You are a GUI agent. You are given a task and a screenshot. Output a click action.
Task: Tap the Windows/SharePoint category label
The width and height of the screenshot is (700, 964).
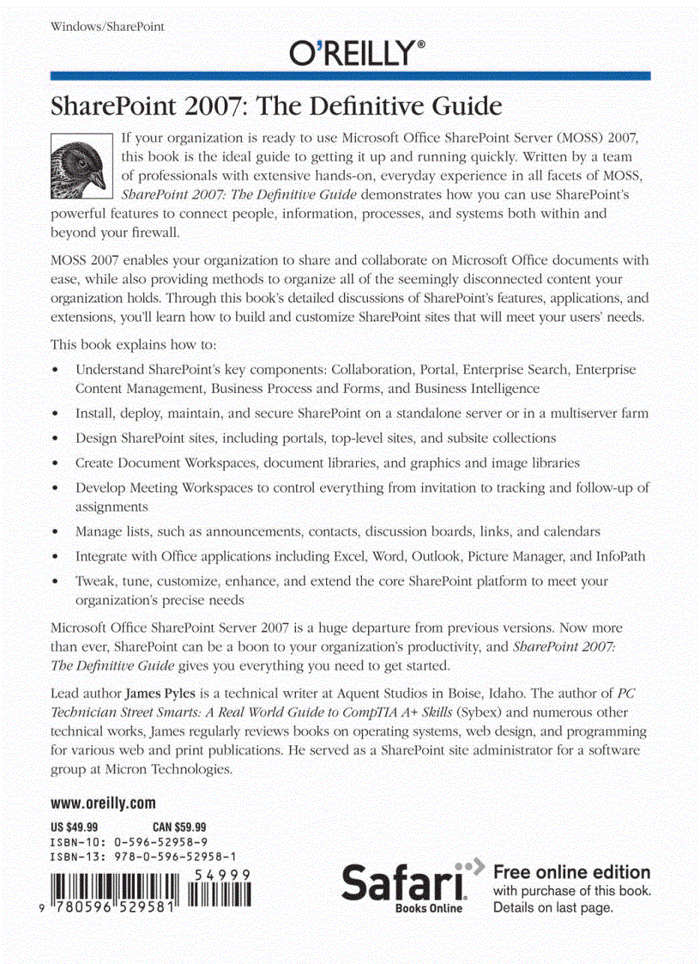pos(107,27)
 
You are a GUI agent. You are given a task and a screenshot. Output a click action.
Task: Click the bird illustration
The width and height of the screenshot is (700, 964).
pos(81,165)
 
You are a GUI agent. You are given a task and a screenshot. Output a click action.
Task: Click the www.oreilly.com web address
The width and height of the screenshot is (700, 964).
pos(103,804)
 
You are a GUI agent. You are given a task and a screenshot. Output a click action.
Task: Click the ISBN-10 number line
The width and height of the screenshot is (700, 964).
pos(129,842)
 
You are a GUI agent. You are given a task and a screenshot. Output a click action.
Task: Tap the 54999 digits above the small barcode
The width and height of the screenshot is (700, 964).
pos(221,874)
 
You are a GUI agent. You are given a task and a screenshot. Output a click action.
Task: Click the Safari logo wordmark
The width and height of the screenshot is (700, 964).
pos(403,883)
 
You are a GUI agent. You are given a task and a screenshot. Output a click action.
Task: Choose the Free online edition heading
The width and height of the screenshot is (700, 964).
pos(571,872)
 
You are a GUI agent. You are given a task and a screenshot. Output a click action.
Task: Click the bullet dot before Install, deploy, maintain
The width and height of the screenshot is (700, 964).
pos(55,414)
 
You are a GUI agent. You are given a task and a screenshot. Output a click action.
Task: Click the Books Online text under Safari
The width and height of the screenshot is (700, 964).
pos(428,908)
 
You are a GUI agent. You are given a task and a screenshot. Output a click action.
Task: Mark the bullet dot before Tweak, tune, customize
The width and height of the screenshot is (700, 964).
pos(55,581)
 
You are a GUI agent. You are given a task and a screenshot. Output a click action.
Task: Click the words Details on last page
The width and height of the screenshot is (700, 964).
pos(553,907)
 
